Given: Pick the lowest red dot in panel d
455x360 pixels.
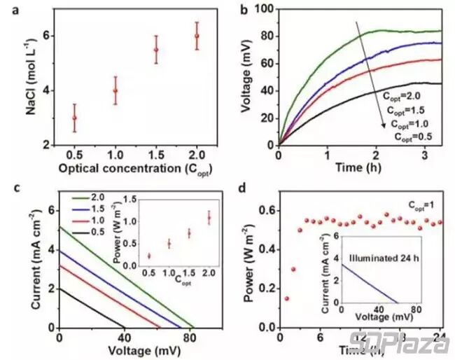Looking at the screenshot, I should (x=286, y=298).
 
